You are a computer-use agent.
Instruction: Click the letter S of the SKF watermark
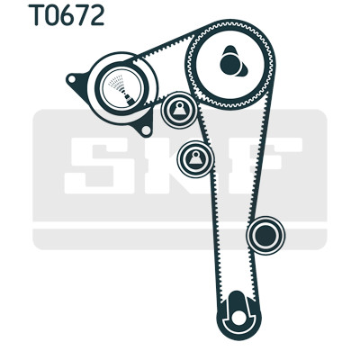click(x=98, y=166)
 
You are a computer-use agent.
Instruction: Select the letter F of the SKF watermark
click(x=264, y=166)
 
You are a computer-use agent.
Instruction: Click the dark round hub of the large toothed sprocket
click(x=231, y=64)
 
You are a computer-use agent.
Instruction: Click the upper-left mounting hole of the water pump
click(x=72, y=79)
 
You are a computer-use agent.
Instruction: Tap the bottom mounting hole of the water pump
click(x=146, y=130)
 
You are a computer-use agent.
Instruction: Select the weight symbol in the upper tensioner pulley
click(x=179, y=110)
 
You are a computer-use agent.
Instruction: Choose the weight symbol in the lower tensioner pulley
click(x=195, y=158)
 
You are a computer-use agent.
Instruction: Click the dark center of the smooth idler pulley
click(x=265, y=236)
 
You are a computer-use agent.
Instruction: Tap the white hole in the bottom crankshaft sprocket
click(x=238, y=316)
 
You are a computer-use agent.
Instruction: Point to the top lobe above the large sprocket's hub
click(x=230, y=50)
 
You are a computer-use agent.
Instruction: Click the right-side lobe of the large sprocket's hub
click(x=244, y=69)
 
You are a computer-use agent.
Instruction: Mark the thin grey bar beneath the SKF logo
click(x=180, y=239)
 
